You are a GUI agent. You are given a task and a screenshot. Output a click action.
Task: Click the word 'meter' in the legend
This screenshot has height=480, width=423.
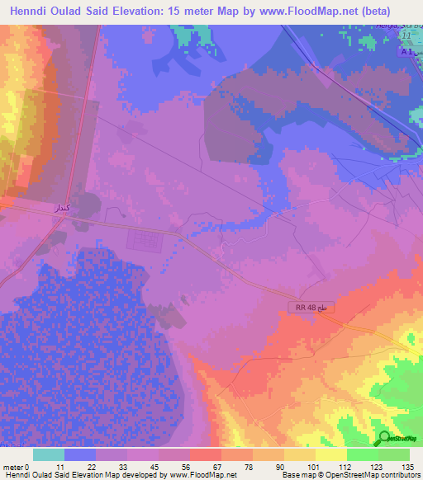click(x=14, y=466)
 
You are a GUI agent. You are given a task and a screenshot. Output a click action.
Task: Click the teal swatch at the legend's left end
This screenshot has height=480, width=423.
click(x=49, y=454)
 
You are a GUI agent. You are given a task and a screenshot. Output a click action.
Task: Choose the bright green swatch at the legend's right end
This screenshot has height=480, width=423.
click(x=394, y=454)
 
